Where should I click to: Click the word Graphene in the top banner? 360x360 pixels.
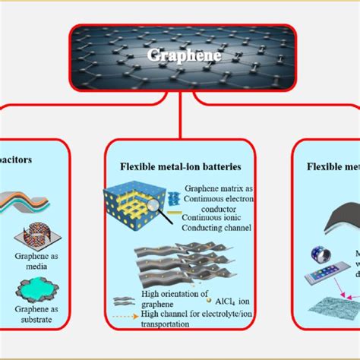180,55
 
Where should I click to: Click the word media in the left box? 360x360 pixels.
38,266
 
